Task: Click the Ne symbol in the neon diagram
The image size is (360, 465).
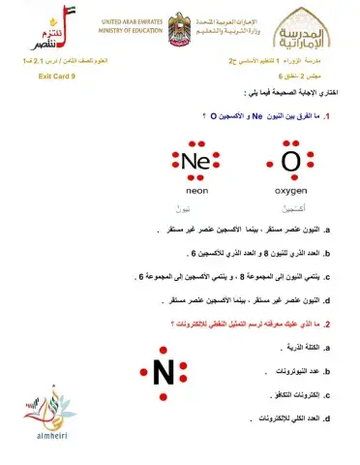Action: (196, 162)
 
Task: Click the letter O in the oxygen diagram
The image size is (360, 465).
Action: (290, 162)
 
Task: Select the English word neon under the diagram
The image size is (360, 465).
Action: (196, 191)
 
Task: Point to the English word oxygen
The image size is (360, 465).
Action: (290, 191)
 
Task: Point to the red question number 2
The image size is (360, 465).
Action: (330, 324)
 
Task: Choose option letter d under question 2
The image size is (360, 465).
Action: (329, 418)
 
